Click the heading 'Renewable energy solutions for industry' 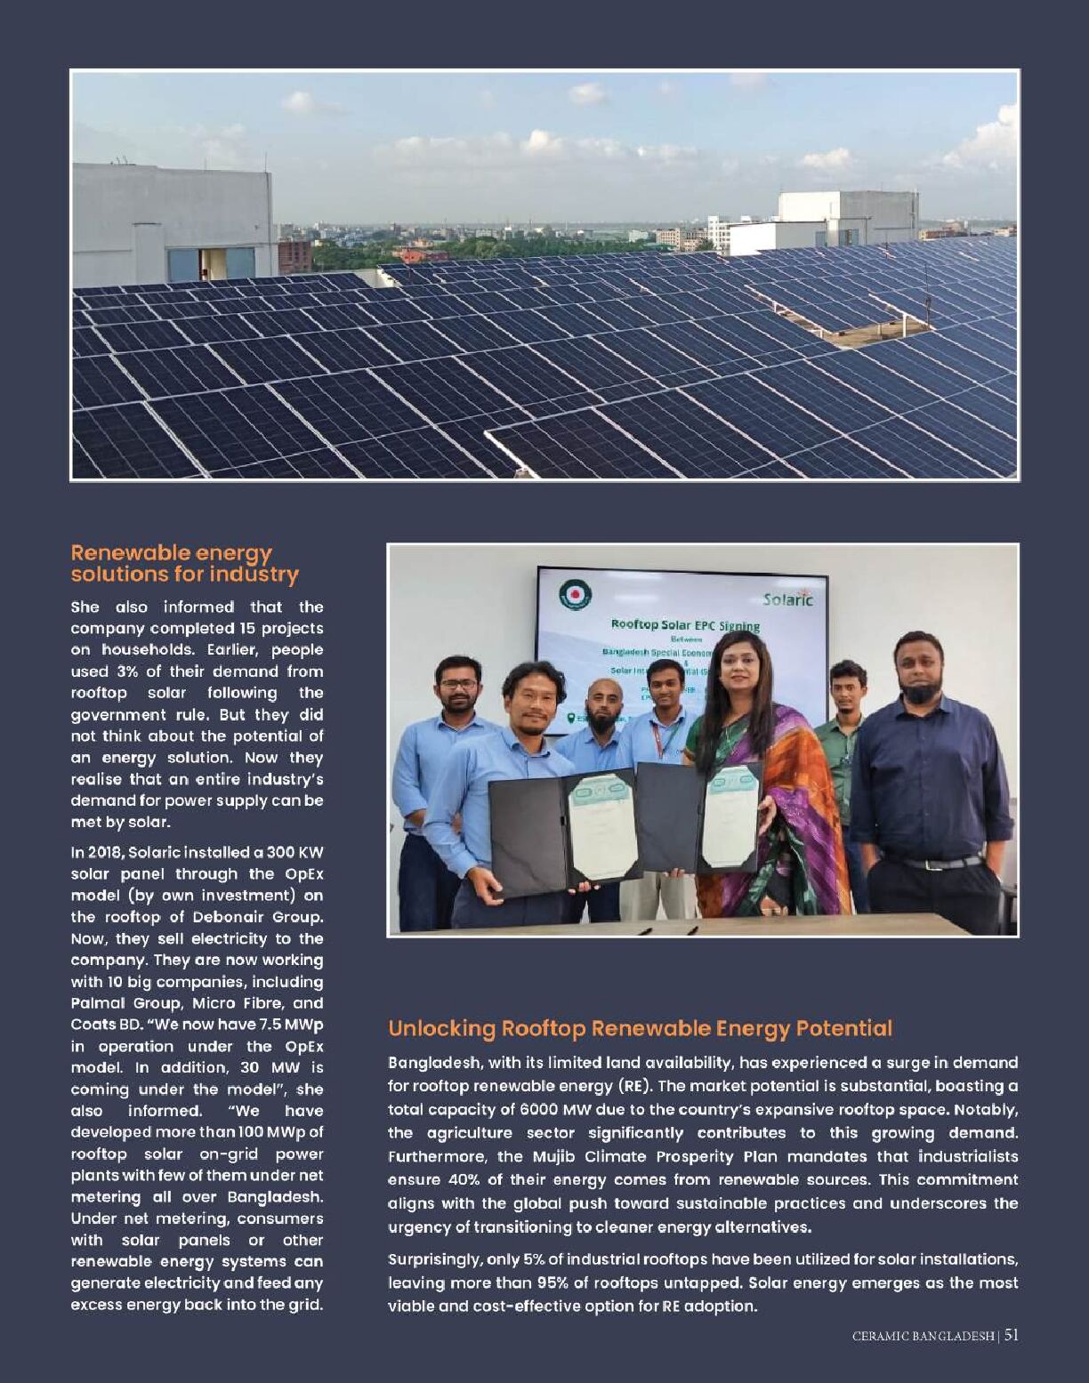click(184, 564)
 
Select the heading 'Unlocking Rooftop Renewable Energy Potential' click(640, 1029)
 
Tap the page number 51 click(1012, 1335)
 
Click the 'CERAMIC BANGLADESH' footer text click(923, 1336)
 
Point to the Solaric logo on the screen click(787, 599)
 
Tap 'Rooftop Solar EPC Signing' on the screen click(685, 625)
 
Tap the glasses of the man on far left click(458, 684)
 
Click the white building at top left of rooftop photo click(173, 222)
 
